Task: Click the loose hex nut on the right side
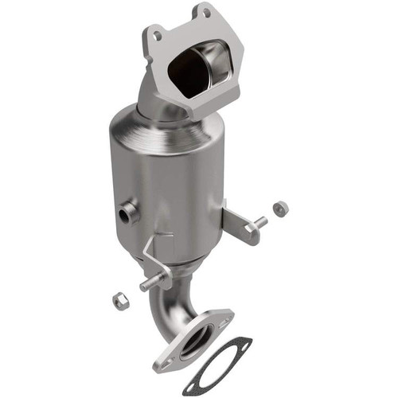point(280,209)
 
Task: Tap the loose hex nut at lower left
point(121,301)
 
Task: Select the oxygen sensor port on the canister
point(128,213)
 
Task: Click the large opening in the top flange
point(199,69)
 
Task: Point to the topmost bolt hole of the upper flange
point(207,13)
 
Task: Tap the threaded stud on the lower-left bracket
point(149,283)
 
